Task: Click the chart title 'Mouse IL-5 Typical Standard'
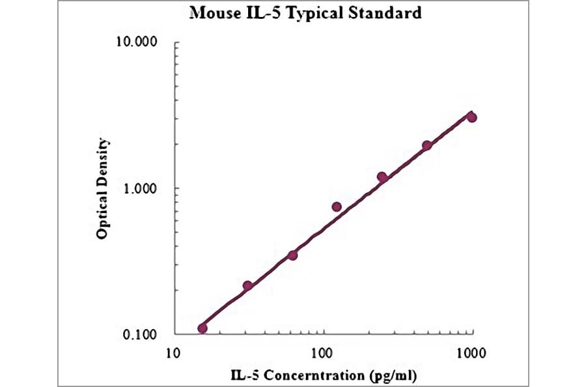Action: tap(305, 12)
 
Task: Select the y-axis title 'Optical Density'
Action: tap(102, 188)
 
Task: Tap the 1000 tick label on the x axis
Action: tap(471, 353)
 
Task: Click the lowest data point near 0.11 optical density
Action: tap(202, 328)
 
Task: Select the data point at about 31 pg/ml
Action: tap(247, 285)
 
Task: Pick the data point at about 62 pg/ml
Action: tap(292, 255)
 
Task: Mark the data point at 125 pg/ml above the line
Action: tap(337, 207)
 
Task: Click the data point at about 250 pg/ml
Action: tap(382, 177)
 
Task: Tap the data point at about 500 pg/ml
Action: tap(426, 145)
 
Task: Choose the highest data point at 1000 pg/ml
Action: tap(472, 117)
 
